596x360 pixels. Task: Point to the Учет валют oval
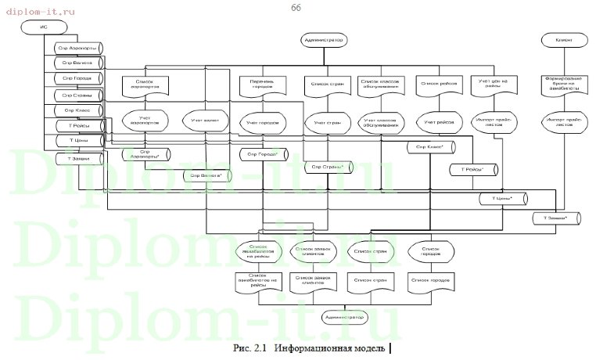205,122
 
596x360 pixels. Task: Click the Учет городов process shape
262,122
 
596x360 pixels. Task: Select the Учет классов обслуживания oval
381,122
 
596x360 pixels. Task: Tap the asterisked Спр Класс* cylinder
431,147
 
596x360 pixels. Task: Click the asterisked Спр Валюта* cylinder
206,176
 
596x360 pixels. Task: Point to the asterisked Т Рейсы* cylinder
472,169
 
